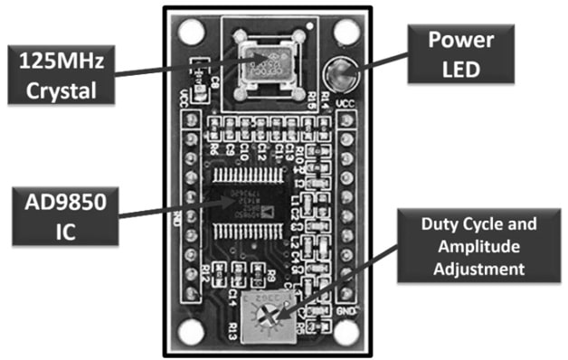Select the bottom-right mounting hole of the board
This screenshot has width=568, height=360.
pos(346,331)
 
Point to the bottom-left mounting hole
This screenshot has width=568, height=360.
pos(191,331)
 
